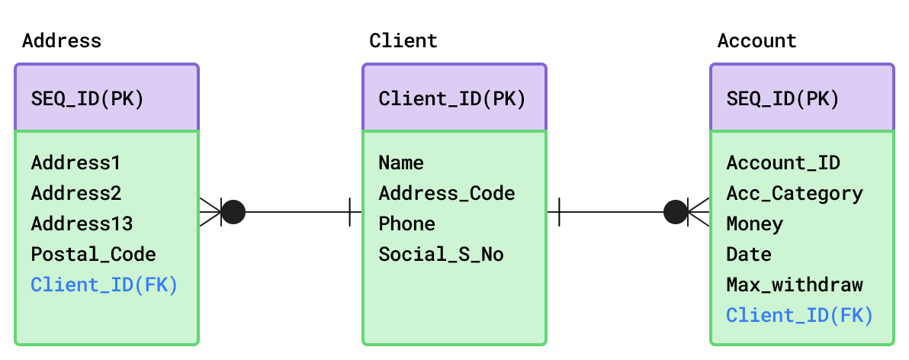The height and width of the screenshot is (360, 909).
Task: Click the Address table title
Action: pos(62,41)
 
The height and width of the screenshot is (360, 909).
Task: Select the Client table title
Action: pos(403,41)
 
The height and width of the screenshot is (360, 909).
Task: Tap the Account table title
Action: pos(757,41)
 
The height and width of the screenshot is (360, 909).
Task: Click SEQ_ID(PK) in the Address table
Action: pos(88,100)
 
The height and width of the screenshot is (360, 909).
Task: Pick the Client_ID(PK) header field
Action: pos(452,99)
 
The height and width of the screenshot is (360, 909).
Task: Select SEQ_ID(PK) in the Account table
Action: pos(782,100)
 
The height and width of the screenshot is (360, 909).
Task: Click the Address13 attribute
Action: pos(82,223)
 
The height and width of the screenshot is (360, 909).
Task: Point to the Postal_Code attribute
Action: pos(93,255)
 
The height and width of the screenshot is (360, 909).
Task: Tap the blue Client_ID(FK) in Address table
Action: pos(104,285)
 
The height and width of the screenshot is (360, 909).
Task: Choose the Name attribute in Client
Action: pos(401,163)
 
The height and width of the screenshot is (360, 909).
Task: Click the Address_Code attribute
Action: pos(447,194)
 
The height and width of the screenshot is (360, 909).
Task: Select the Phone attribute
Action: pos(407,223)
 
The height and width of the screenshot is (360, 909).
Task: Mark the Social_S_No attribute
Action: pos(442,255)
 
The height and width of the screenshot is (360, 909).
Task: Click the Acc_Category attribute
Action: pos(795,194)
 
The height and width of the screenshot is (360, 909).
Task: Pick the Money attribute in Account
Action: pos(755,223)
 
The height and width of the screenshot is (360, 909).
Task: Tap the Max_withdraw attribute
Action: pos(795,284)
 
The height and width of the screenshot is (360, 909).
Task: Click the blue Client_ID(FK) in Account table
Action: pos(800,315)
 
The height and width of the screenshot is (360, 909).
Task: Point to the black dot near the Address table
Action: pos(233,212)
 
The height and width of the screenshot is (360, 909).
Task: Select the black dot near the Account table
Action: pos(676,212)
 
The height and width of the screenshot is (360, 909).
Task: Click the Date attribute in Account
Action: pos(749,255)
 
